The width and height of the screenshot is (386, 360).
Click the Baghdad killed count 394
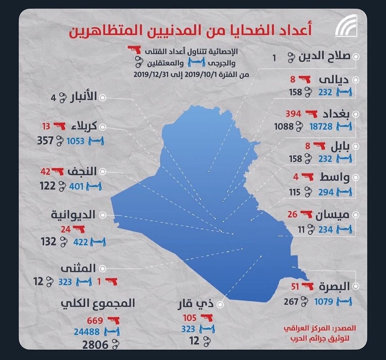[x=293, y=114]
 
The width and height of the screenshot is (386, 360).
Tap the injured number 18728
[x=321, y=127]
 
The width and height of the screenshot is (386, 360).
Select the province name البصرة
[x=334, y=287]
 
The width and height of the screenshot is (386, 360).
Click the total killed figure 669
[x=95, y=320]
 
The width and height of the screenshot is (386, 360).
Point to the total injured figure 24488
[x=87, y=332]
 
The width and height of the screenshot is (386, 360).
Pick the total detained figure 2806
[x=95, y=345]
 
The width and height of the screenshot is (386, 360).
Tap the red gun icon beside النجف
[x=57, y=171]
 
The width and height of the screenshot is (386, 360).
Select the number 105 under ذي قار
[x=190, y=318]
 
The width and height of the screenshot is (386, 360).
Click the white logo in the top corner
[x=346, y=25]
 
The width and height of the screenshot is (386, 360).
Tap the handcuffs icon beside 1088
[x=299, y=127]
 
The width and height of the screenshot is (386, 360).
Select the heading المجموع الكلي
[x=98, y=303]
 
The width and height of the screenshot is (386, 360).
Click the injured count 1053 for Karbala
[x=75, y=141]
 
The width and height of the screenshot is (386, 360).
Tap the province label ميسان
[x=332, y=215]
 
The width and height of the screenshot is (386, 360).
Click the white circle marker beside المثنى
[x=103, y=268]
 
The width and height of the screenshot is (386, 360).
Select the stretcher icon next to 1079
[x=345, y=301]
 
